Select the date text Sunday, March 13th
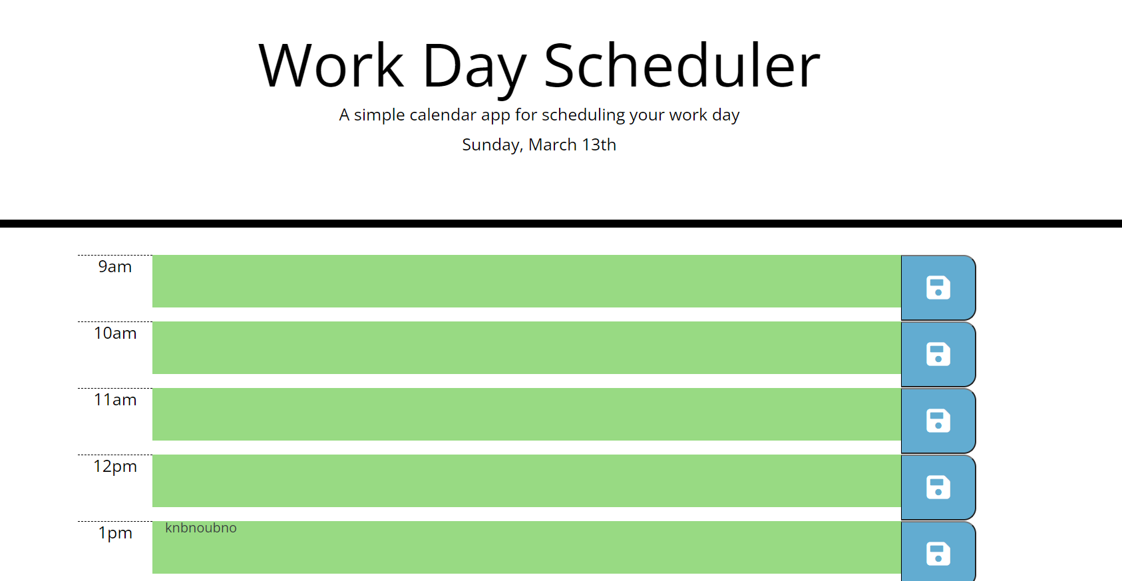coord(539,145)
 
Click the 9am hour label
coord(115,267)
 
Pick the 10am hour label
coord(115,333)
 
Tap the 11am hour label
coord(115,400)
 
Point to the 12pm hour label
coord(115,467)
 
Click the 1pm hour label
coord(115,533)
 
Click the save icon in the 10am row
coord(938,354)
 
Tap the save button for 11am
coord(938,421)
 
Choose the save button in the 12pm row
coord(938,487)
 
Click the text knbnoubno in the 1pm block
coord(201,528)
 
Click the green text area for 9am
coord(526,281)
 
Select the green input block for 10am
coord(526,347)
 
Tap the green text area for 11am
coord(526,414)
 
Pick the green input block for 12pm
coord(526,481)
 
